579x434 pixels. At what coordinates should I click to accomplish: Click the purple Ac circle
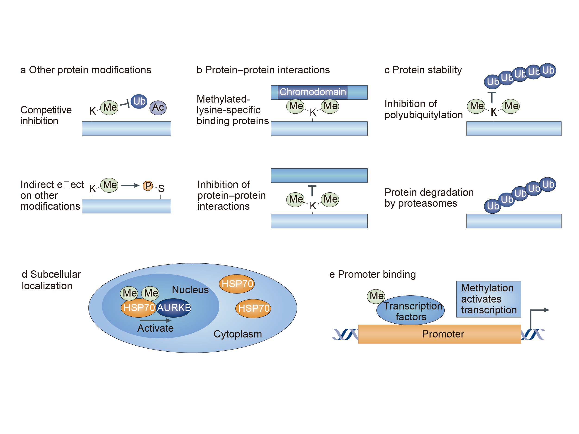point(158,108)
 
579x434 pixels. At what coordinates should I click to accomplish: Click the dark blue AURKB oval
point(174,308)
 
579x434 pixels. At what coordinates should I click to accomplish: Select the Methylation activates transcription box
point(488,299)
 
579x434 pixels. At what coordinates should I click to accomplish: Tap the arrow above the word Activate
point(155,320)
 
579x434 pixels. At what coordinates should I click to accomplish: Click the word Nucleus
point(190,290)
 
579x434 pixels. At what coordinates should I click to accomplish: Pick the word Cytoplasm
point(237,334)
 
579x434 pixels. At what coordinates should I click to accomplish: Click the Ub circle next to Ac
point(139,101)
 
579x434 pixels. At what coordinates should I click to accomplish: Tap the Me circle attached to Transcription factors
point(376,296)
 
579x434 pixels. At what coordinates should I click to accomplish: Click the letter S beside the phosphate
point(161,188)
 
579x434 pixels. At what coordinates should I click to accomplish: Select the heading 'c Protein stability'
point(423,70)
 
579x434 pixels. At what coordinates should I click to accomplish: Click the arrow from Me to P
point(130,185)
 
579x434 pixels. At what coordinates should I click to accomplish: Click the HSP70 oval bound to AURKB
point(139,308)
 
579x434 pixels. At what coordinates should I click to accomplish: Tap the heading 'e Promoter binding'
point(372,275)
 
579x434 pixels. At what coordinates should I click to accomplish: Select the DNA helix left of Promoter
point(344,334)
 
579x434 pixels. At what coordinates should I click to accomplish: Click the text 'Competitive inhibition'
point(46,115)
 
